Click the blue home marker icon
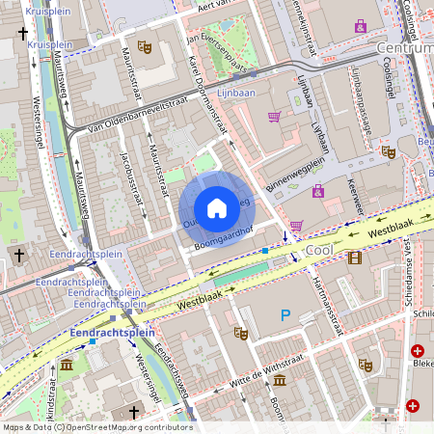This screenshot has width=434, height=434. (217, 208)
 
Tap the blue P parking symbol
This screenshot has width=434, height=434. (285, 314)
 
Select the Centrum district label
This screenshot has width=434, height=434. (405, 47)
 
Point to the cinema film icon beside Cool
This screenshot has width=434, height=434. (356, 257)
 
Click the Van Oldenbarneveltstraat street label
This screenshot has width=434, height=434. (135, 114)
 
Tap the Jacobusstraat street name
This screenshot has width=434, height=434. (135, 178)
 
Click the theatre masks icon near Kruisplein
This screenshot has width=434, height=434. (145, 46)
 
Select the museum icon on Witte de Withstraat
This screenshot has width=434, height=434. (279, 380)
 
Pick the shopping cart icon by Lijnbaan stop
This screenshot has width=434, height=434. (275, 117)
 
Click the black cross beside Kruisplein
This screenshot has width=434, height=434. (22, 33)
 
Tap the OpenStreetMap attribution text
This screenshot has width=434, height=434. (96, 427)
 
